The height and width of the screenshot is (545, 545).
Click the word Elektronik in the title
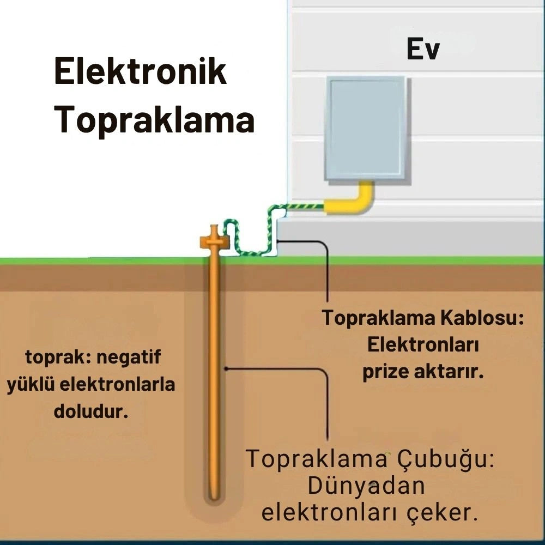(x=140, y=72)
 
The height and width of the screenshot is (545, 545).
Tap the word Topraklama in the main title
(x=154, y=120)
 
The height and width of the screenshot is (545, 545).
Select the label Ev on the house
(x=423, y=50)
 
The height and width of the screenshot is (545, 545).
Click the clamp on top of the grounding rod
(x=214, y=240)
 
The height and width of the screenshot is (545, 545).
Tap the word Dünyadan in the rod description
(x=366, y=486)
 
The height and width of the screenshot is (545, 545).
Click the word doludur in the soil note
(x=90, y=410)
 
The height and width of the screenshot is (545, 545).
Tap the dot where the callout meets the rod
(x=225, y=369)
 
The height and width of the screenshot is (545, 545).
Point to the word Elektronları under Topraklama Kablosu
(x=422, y=345)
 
